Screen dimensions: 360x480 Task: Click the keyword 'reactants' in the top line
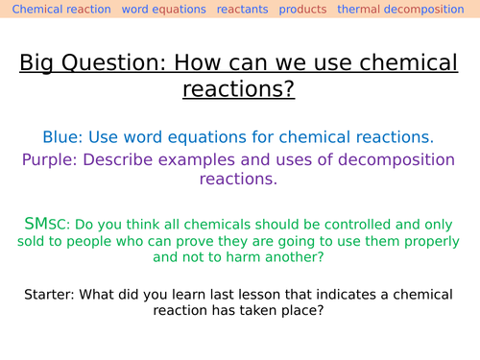pyautogui.click(x=242, y=10)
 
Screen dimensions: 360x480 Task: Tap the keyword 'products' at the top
pyautogui.click(x=301, y=10)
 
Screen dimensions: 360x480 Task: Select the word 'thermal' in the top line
pyautogui.click(x=360, y=10)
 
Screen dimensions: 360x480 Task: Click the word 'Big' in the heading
pyautogui.click(x=38, y=65)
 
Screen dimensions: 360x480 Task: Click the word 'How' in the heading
pyautogui.click(x=215, y=65)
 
